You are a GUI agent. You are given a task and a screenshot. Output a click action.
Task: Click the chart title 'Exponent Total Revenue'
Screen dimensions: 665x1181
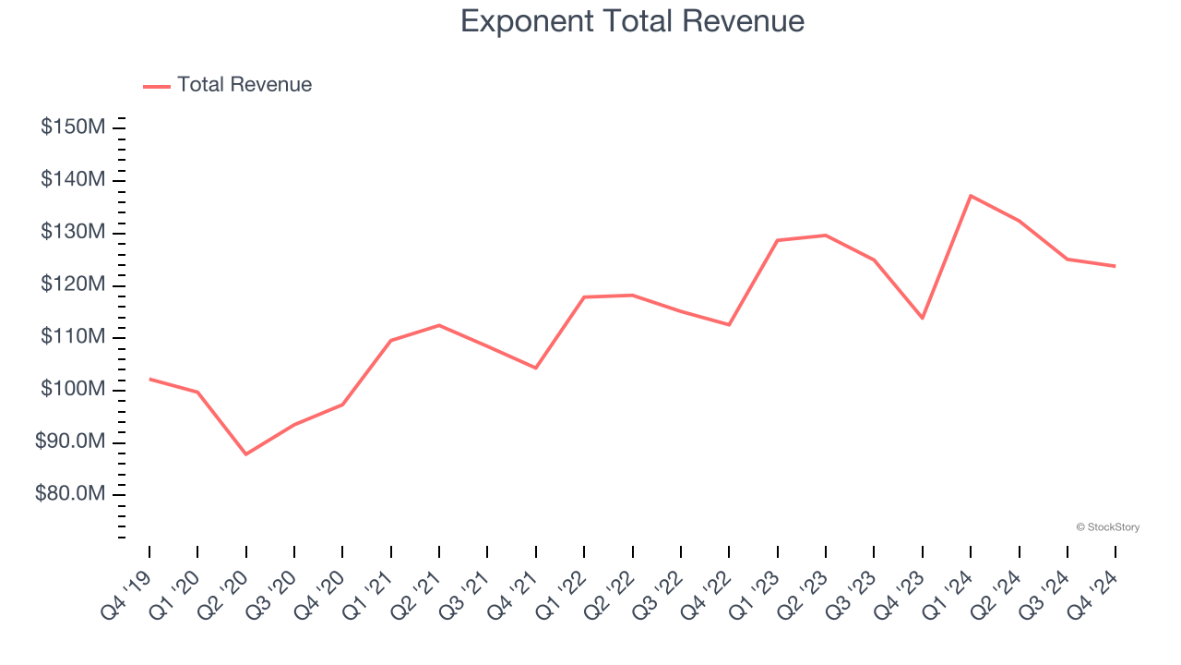(x=632, y=21)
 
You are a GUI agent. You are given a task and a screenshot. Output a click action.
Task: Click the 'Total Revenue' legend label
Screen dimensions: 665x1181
(x=245, y=85)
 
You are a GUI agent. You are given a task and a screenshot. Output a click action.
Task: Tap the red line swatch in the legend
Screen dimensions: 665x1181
(x=157, y=86)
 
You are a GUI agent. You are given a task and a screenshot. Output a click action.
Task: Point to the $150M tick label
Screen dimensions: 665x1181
(x=73, y=127)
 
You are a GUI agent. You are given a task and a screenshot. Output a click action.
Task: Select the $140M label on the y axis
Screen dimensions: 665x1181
(x=73, y=179)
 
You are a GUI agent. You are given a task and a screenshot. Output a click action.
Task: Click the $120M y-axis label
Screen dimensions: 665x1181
(x=73, y=284)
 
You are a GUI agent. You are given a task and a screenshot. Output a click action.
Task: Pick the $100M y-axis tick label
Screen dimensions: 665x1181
(x=73, y=390)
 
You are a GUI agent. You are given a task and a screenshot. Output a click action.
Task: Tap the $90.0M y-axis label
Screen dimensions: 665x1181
(x=70, y=442)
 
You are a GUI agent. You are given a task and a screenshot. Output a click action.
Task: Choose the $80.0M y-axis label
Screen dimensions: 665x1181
(x=70, y=495)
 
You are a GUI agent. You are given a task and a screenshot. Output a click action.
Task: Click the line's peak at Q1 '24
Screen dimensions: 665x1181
(x=971, y=196)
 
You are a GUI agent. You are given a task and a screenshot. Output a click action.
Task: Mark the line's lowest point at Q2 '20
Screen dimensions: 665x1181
(x=246, y=454)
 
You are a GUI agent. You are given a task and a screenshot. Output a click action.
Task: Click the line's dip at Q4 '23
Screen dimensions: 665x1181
(x=922, y=318)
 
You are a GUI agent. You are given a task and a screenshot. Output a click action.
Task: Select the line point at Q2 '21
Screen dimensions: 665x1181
(x=439, y=325)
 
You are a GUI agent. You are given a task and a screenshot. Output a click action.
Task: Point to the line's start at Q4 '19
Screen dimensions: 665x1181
(x=149, y=379)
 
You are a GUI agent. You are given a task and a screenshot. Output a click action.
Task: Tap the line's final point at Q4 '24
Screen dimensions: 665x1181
(x=1115, y=266)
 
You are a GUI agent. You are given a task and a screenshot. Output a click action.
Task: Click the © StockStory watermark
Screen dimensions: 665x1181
(x=1107, y=527)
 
